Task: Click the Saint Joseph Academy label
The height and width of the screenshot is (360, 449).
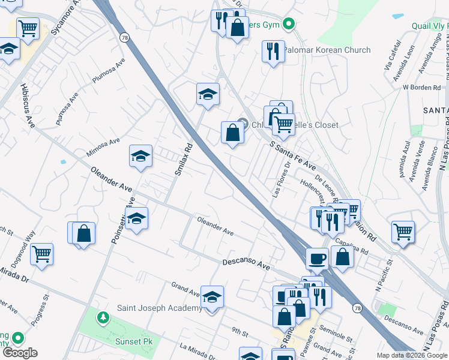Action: pos(159,308)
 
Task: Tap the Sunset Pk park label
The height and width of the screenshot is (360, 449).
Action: pos(134,342)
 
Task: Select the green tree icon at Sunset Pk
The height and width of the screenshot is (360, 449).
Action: pos(104,316)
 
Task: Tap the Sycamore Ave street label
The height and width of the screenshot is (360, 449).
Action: pos(65,19)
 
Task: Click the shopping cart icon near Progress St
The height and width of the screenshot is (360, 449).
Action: pos(42,254)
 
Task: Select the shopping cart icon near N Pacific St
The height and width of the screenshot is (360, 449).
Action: pos(403,232)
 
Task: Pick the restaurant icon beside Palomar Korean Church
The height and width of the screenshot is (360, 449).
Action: pos(273,51)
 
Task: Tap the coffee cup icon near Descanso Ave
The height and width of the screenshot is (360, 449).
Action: pos(318,259)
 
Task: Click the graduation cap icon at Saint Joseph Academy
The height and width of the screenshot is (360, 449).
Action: pos(212,296)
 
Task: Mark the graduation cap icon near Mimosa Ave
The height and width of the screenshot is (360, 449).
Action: pos(140,157)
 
